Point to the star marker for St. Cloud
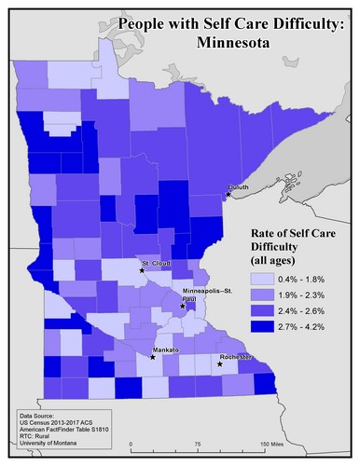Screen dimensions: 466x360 (x=142, y=263)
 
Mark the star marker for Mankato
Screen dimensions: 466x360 (x=152, y=356)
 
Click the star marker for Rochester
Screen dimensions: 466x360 (x=220, y=363)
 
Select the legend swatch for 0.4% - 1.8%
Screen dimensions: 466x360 (x=263, y=278)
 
